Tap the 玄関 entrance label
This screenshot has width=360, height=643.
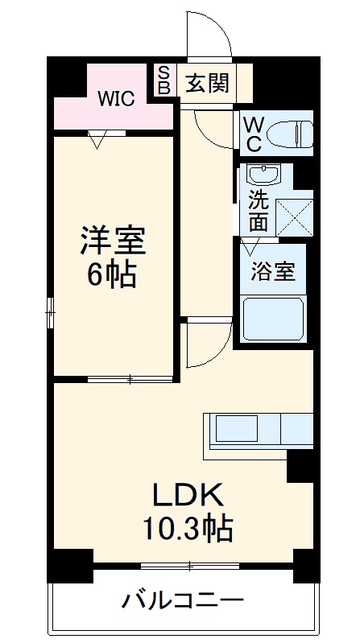click(x=207, y=83)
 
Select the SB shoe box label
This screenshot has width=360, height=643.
click(x=163, y=81)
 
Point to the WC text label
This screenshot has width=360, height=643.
click(x=253, y=134)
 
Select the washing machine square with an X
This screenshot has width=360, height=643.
click(x=293, y=216)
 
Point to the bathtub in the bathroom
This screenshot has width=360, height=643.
click(x=275, y=319)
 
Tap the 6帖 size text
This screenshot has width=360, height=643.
click(x=112, y=275)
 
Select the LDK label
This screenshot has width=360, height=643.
click(x=188, y=493)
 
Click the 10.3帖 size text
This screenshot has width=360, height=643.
click(x=188, y=528)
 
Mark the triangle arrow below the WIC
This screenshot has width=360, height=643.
click(x=97, y=142)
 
